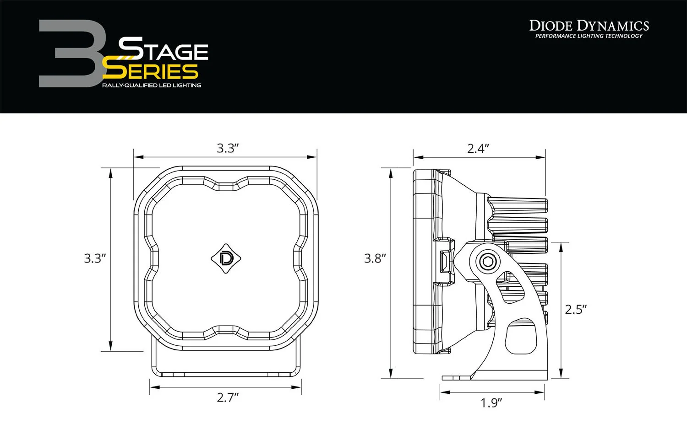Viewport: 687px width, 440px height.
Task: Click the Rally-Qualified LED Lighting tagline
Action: point(151,86)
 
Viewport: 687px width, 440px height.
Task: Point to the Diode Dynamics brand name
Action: point(589,25)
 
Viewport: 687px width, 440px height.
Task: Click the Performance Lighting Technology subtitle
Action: point(589,36)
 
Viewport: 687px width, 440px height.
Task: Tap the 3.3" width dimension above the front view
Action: point(228,148)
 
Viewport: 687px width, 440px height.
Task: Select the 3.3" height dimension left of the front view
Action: point(95,258)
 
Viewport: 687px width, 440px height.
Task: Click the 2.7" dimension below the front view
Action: point(228,397)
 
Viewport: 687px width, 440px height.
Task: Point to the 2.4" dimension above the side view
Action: point(478,148)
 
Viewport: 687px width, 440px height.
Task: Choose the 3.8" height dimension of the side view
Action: point(375,258)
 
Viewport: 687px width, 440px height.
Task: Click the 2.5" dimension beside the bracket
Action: point(576,310)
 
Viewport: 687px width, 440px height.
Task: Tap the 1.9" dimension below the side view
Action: point(491,403)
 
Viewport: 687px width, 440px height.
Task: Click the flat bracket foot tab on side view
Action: point(456,377)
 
